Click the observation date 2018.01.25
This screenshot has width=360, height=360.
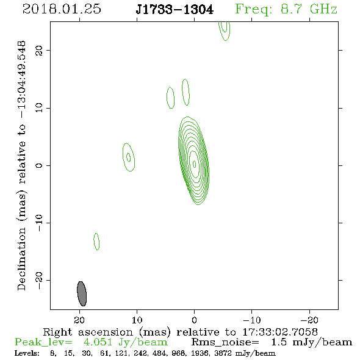(62, 9)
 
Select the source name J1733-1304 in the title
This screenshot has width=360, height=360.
(175, 9)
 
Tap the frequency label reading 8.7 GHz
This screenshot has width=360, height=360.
(309, 9)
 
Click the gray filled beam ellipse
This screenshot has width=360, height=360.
(82, 293)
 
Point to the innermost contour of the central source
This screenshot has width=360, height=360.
(195, 164)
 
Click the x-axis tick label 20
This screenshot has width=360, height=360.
(79, 320)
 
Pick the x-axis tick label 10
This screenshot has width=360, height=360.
(137, 320)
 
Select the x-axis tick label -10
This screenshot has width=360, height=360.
(252, 320)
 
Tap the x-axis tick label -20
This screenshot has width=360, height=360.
(309, 320)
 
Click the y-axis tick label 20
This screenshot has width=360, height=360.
(38, 50)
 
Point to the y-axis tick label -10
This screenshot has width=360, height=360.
(38, 223)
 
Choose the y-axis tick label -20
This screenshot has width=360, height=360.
(38, 280)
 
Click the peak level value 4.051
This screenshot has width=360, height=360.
(98, 342)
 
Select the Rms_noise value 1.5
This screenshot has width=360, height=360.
(279, 342)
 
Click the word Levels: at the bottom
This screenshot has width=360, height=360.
(27, 353)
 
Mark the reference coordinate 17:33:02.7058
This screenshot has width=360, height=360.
(280, 332)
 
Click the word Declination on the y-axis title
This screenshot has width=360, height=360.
(21, 259)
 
